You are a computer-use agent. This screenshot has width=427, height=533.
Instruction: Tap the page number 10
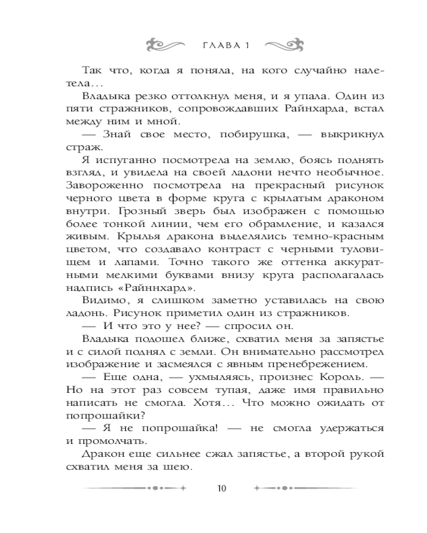tap(223, 488)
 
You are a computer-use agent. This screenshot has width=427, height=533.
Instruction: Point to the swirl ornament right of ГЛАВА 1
tap(282, 43)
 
